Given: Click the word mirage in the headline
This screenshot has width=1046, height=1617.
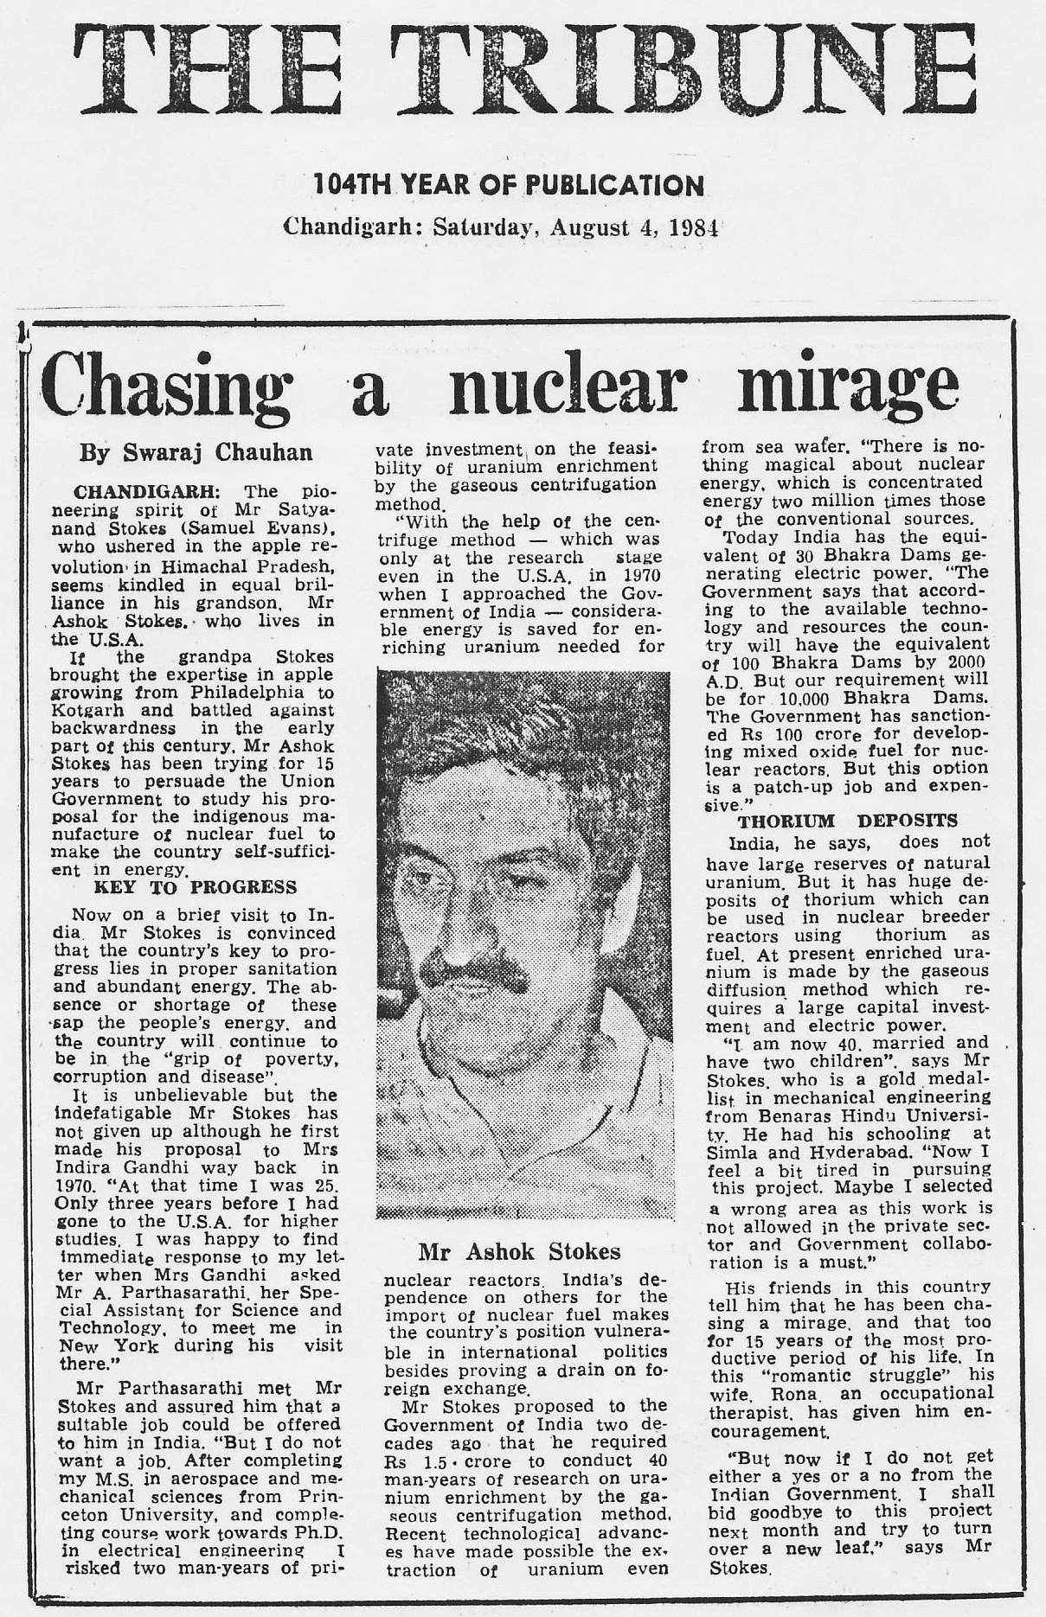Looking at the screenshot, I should pyautogui.click(x=848, y=385).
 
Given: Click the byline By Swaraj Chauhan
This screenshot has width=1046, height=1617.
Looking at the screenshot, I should pyautogui.click(x=196, y=452).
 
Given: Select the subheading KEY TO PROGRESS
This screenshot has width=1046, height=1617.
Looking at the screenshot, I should pyautogui.click(x=195, y=887).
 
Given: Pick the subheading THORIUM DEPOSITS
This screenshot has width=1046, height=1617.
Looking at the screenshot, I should pyautogui.click(x=847, y=821).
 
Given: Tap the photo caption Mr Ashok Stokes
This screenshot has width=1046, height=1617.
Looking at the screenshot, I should pyautogui.click(x=519, y=1251).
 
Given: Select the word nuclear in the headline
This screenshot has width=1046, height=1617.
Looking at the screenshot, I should pyautogui.click(x=568, y=385).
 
